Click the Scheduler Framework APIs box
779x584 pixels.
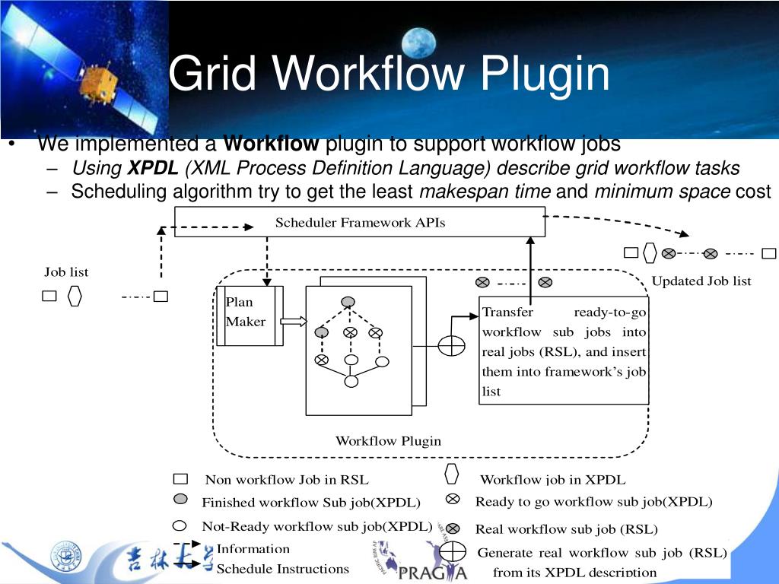(x=360, y=223)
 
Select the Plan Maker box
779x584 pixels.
(x=250, y=316)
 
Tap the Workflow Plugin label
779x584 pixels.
(x=388, y=441)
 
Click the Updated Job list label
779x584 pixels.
(x=701, y=281)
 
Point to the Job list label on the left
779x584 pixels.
(x=66, y=272)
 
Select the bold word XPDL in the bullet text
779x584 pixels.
(x=152, y=168)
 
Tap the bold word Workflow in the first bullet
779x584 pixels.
(x=272, y=144)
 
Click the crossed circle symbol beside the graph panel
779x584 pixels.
(x=451, y=345)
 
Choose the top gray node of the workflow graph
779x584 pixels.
(x=348, y=302)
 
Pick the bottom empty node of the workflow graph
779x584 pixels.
(x=351, y=382)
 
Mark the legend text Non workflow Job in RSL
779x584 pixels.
(x=287, y=480)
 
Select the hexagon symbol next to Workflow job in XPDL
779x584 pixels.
(x=452, y=474)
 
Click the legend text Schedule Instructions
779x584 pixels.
(x=282, y=569)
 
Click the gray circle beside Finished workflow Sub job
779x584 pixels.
(x=180, y=500)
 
